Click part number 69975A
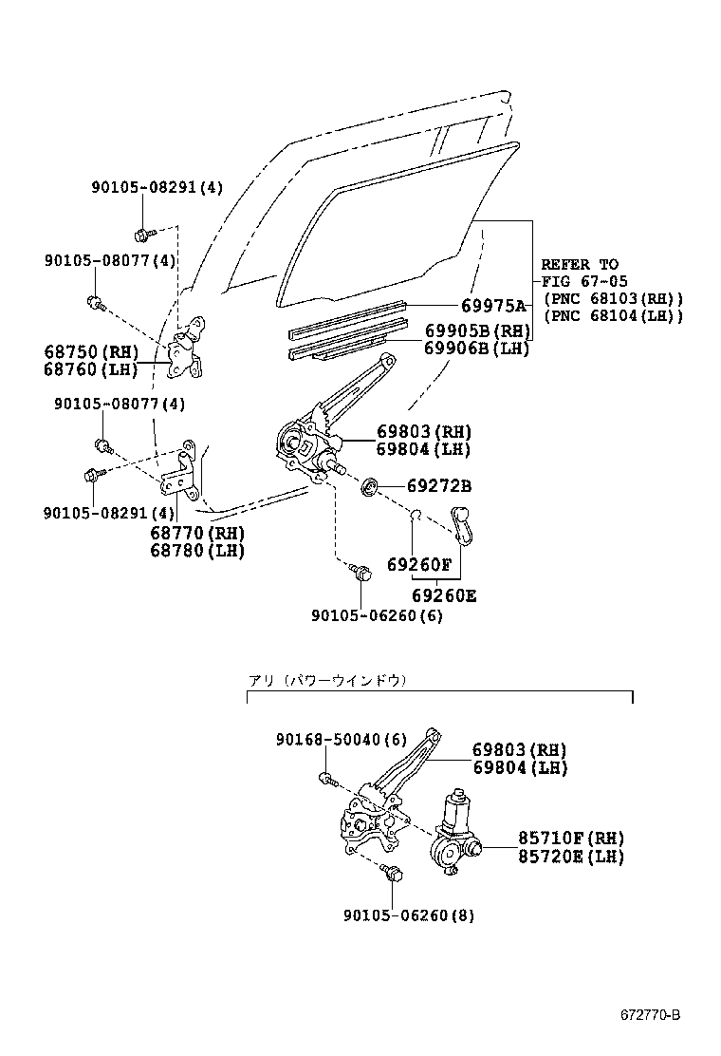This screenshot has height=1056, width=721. pyautogui.click(x=492, y=306)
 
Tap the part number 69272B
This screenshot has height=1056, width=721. pyautogui.click(x=438, y=486)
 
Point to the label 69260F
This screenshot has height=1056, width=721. pyautogui.click(x=419, y=564)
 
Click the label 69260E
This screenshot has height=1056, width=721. pyautogui.click(x=443, y=596)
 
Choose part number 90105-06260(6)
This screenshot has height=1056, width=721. pyautogui.click(x=377, y=615)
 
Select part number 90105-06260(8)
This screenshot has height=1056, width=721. pyautogui.click(x=409, y=915)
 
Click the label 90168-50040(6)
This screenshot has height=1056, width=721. pyautogui.click(x=328, y=740)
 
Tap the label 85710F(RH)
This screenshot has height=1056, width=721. pyautogui.click(x=570, y=839)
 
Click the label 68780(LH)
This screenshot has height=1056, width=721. pyautogui.click(x=197, y=550)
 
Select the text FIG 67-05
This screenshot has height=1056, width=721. pyautogui.click(x=580, y=281)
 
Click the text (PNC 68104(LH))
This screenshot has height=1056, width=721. pyautogui.click(x=613, y=315)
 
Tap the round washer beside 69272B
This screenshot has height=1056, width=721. pyautogui.click(x=371, y=486)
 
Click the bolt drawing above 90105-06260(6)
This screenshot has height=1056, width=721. pyautogui.click(x=360, y=575)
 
